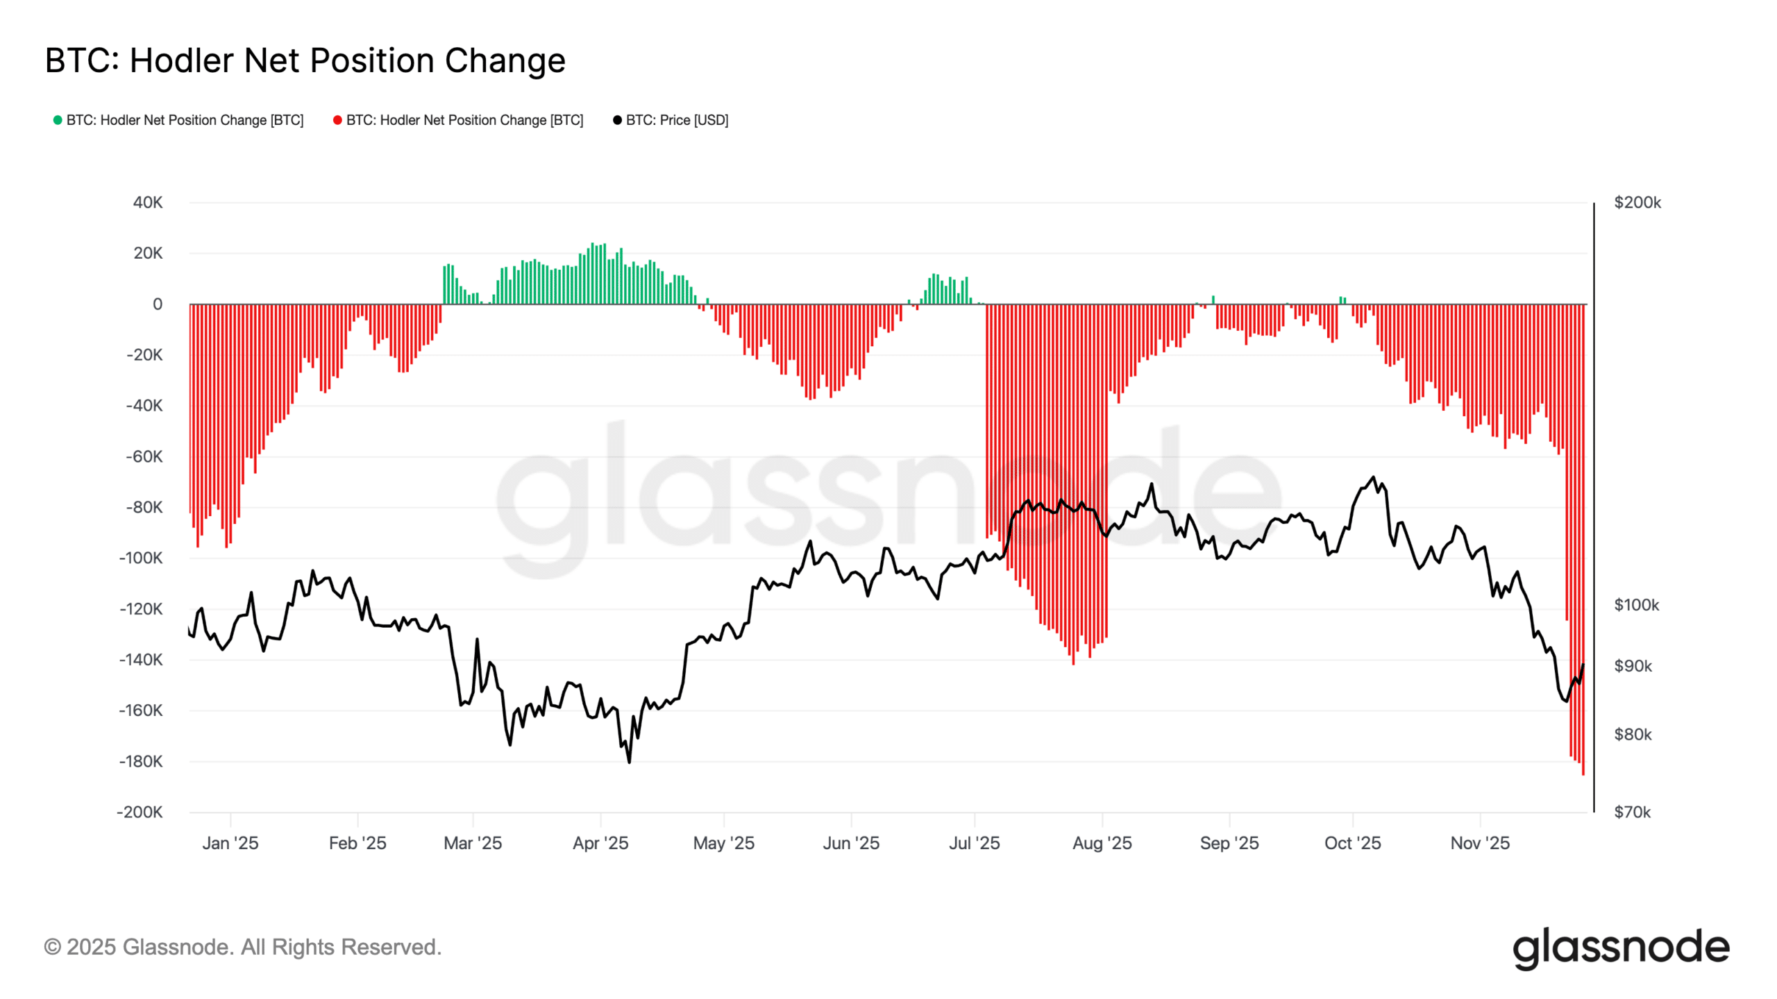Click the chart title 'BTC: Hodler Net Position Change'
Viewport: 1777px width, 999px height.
coord(305,60)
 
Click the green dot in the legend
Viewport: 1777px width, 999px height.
coord(58,120)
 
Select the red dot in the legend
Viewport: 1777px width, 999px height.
coord(337,120)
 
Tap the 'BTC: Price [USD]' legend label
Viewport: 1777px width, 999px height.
coord(677,120)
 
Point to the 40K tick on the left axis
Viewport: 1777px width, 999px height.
coord(148,203)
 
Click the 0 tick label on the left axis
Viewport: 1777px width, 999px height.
coord(158,304)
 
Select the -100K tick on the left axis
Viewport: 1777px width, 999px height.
coord(141,558)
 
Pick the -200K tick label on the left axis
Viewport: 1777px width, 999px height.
coord(140,812)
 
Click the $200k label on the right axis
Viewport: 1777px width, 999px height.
coord(1637,203)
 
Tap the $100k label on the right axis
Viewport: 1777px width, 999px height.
coord(1636,605)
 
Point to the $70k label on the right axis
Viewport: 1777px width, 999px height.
coord(1632,812)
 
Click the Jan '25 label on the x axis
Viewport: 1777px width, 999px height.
coord(230,843)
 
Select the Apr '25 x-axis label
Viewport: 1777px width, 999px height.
coord(600,843)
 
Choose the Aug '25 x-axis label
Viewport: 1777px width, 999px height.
coord(1102,843)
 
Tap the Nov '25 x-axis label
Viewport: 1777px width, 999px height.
coord(1480,843)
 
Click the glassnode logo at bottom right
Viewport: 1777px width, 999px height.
coord(1621,948)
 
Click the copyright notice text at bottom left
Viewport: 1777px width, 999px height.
coord(242,947)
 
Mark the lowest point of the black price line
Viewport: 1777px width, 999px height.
coord(629,762)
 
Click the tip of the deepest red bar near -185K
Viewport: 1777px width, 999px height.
coord(1583,774)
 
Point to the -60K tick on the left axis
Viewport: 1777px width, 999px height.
coord(144,456)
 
